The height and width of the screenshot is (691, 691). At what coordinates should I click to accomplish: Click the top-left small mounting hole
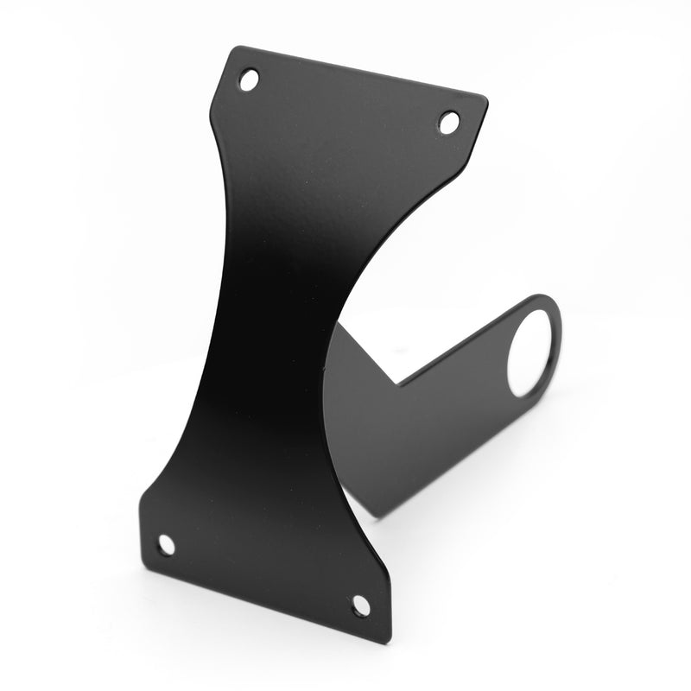(249, 80)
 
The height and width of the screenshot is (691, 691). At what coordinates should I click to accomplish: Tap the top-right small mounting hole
(449, 122)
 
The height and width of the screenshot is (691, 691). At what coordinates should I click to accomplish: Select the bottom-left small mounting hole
(166, 544)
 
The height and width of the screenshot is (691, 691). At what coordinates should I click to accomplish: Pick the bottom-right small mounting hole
(361, 605)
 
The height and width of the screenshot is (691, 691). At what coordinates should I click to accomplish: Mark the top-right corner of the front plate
(486, 98)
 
